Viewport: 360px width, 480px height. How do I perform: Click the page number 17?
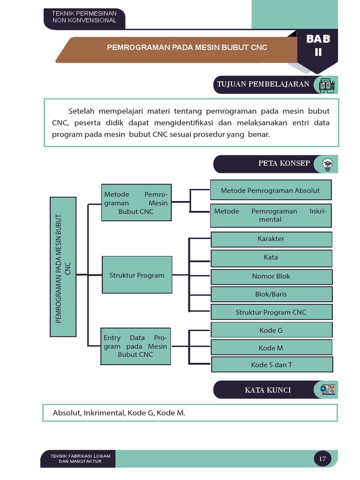[x=322, y=458]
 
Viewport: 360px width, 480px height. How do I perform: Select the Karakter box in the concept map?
[x=271, y=239]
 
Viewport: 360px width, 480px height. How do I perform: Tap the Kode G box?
[x=271, y=330]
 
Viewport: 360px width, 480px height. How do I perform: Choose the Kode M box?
[x=271, y=348]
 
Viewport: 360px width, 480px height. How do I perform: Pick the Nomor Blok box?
[x=271, y=277]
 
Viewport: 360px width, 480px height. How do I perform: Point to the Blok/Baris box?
[x=271, y=294]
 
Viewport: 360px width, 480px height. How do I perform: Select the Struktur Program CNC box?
[x=271, y=312]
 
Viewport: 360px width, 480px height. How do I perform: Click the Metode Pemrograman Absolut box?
[x=270, y=190]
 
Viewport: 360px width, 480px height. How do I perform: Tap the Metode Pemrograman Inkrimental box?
[x=270, y=215]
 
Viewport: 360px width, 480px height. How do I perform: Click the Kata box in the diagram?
[x=271, y=257]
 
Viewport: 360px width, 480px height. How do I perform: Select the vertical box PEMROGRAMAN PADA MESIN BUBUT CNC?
[x=63, y=267]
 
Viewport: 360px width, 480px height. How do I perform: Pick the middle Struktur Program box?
[x=137, y=275]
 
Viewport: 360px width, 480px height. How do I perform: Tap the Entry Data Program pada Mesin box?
[x=135, y=346]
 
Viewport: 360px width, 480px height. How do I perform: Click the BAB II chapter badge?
[x=318, y=46]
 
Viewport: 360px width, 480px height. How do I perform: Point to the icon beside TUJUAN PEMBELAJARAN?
[x=327, y=85]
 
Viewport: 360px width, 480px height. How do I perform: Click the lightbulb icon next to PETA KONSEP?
[x=327, y=164]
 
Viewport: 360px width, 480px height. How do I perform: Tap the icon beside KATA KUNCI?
[x=328, y=390]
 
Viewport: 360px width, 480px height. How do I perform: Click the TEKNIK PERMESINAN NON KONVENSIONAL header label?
[x=84, y=17]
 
